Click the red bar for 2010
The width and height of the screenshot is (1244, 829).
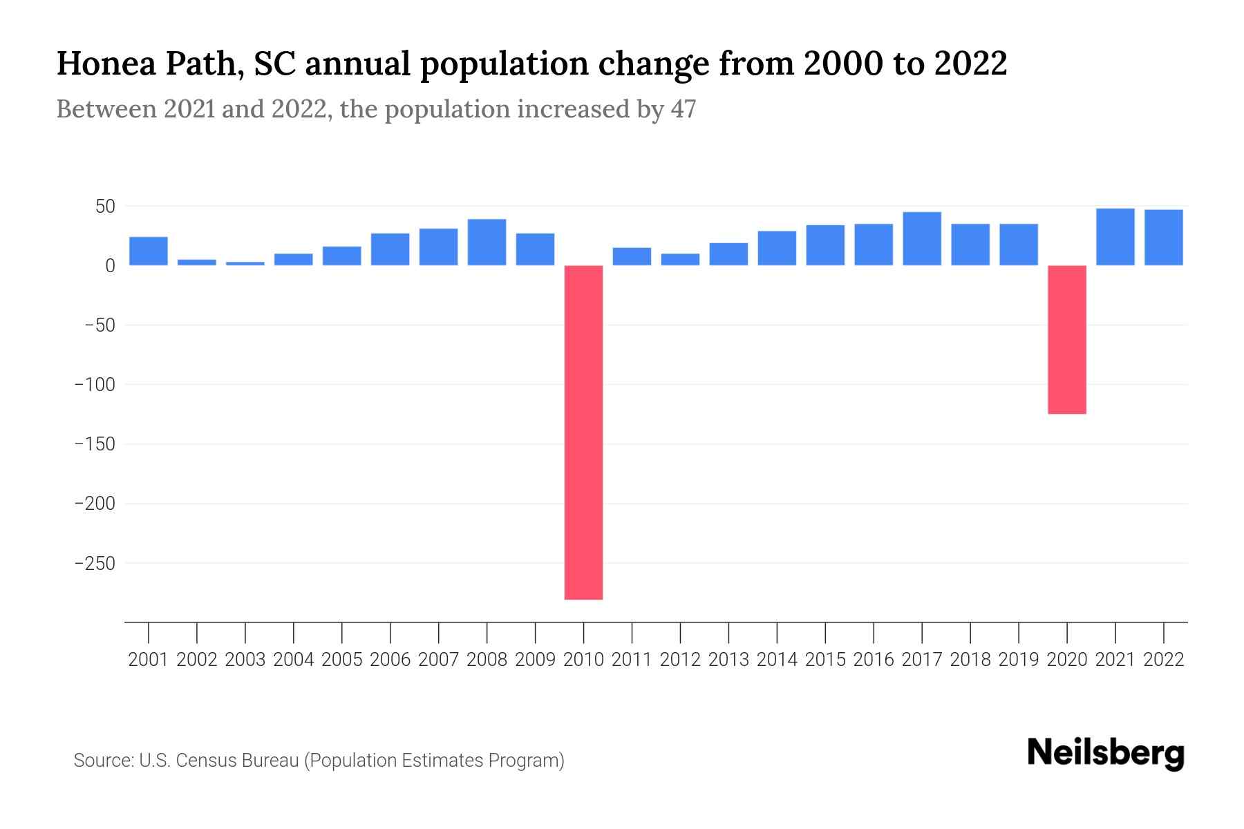pyautogui.click(x=583, y=432)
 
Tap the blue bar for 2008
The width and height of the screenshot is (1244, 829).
pyautogui.click(x=487, y=242)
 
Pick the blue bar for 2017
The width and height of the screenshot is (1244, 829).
pyautogui.click(x=921, y=238)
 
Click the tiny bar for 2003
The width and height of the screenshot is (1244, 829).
pyautogui.click(x=245, y=263)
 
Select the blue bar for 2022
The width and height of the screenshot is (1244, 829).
pyautogui.click(x=1163, y=237)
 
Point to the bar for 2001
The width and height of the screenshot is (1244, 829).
pyautogui.click(x=149, y=251)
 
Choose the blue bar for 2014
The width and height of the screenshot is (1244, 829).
pyautogui.click(x=777, y=248)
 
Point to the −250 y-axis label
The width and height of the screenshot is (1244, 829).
pyautogui.click(x=95, y=563)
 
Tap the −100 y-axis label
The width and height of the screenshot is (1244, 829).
pyautogui.click(x=95, y=384)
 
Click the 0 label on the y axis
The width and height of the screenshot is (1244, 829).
pyautogui.click(x=110, y=265)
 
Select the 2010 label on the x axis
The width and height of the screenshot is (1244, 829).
pyautogui.click(x=583, y=660)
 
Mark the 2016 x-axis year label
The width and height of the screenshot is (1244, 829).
pyautogui.click(x=874, y=660)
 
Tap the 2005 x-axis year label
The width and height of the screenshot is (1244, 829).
pyautogui.click(x=342, y=660)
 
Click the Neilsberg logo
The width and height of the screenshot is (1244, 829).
pyautogui.click(x=1106, y=753)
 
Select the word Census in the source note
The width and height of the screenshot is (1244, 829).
pyautogui.click(x=205, y=761)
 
